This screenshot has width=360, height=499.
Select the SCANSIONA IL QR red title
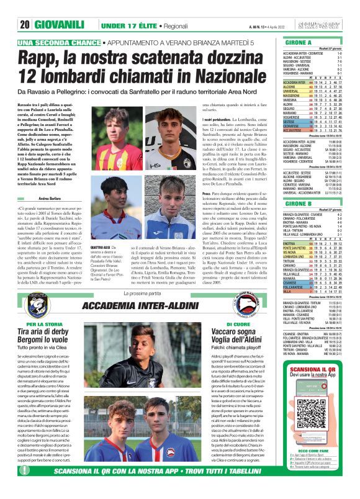(317, 388)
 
